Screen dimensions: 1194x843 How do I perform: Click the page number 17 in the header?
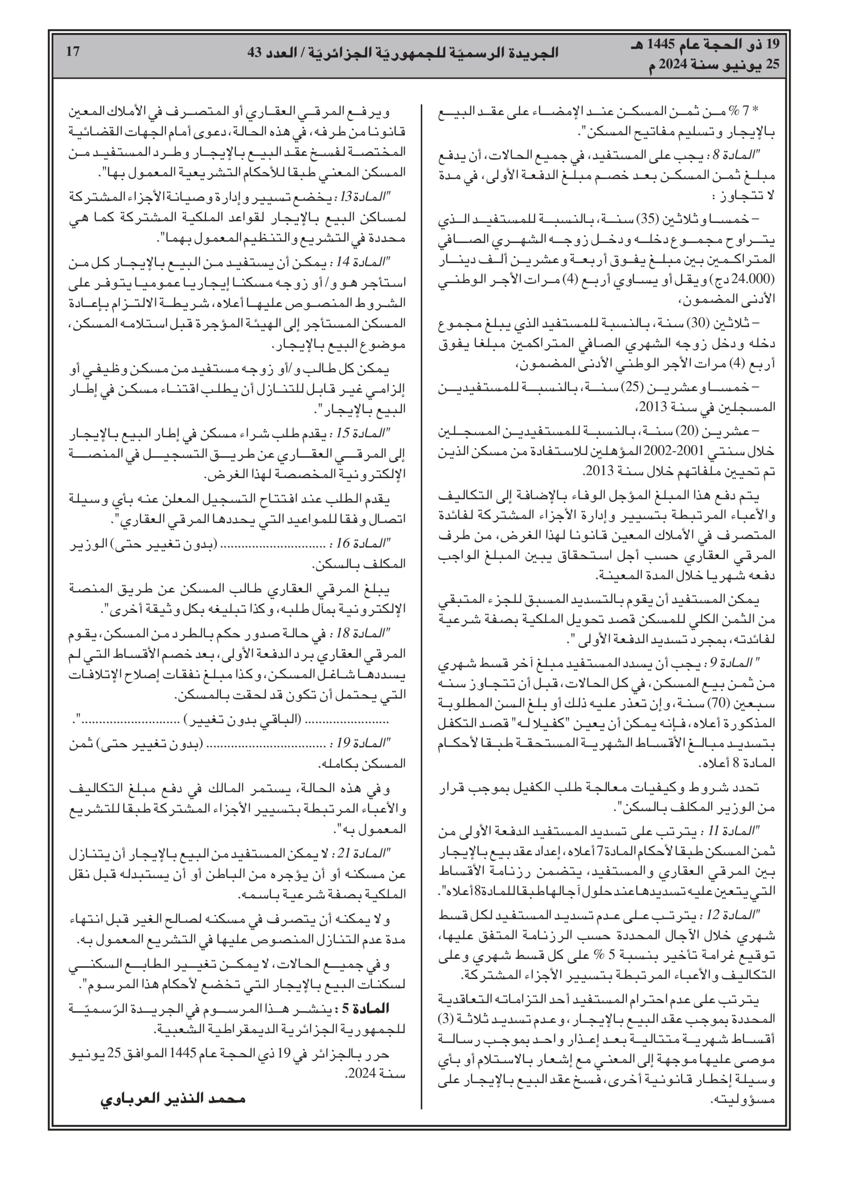pyautogui.click(x=73, y=51)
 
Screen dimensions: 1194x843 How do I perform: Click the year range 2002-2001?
pyautogui.click(x=665, y=451)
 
